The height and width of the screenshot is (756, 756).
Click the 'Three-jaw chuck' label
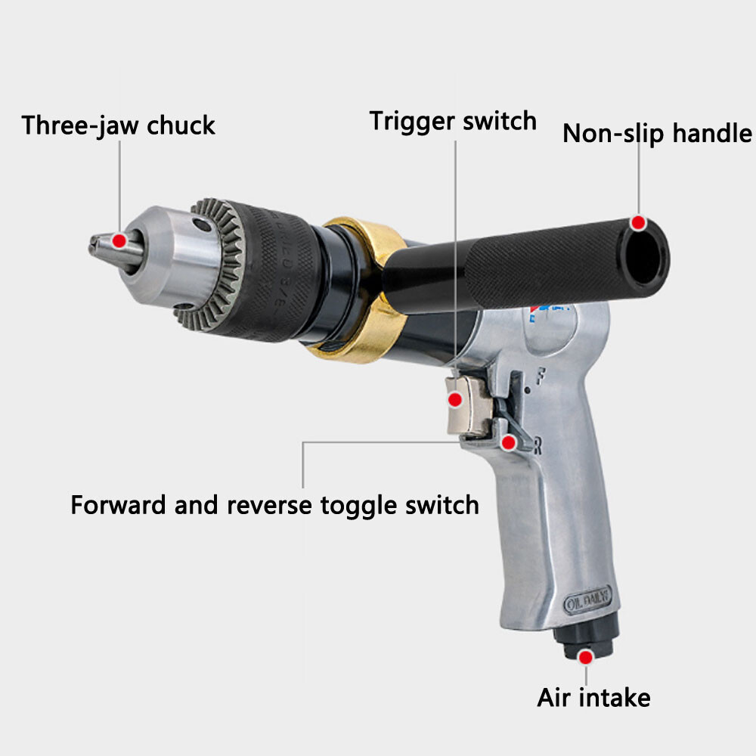pyautogui.click(x=118, y=125)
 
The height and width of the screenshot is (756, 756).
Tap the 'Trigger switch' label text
pyautogui.click(x=453, y=121)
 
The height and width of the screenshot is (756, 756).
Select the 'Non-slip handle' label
pyautogui.click(x=657, y=134)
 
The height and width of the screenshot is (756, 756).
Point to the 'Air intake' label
pyautogui.click(x=593, y=697)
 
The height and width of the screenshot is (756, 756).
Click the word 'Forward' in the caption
pyautogui.click(x=118, y=504)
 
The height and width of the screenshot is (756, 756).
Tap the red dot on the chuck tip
pyautogui.click(x=119, y=241)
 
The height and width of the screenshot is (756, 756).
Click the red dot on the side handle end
pyautogui.click(x=639, y=223)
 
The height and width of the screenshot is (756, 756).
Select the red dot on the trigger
pyautogui.click(x=456, y=400)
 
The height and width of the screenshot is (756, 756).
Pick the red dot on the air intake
pyautogui.click(x=585, y=656)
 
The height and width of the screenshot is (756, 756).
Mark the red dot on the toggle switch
pyautogui.click(x=510, y=442)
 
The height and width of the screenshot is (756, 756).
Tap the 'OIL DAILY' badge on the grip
pyautogui.click(x=592, y=603)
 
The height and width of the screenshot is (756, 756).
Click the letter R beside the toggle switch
pyautogui.click(x=538, y=447)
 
